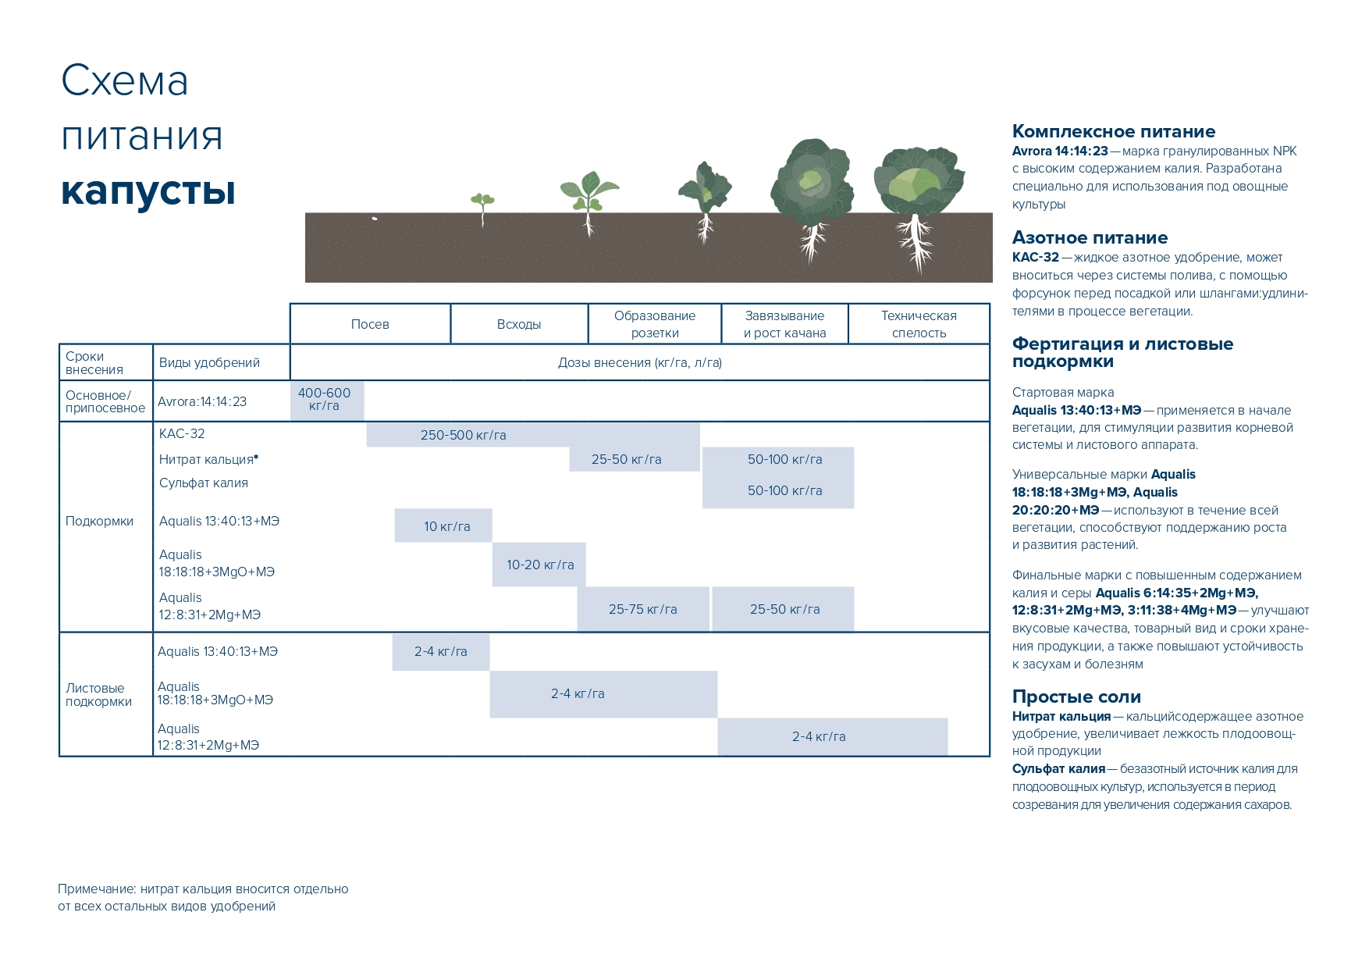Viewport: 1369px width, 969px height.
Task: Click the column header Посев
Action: coord(370,324)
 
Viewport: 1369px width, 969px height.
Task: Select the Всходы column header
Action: coord(519,324)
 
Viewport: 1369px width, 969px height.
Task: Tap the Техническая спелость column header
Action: coord(919,324)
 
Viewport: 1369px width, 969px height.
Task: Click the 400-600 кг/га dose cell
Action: coord(325,400)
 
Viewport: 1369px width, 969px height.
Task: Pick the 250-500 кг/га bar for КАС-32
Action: coord(464,435)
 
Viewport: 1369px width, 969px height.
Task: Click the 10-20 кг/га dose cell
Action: coord(540,565)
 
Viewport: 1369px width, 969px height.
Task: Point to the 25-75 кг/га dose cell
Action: coord(643,609)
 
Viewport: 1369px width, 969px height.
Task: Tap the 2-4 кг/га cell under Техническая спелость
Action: coord(819,736)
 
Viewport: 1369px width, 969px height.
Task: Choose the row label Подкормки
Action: coord(100,521)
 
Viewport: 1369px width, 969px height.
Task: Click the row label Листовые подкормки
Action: coord(98,694)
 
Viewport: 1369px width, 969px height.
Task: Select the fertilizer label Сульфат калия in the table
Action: coord(204,483)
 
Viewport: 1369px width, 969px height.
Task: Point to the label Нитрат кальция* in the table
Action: coord(208,459)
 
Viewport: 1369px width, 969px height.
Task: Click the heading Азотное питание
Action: coord(1090,237)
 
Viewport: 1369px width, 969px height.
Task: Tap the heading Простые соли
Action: coord(1076,696)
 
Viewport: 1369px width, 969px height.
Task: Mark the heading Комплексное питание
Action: coord(1114,131)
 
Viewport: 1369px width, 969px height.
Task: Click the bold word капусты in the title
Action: coord(148,190)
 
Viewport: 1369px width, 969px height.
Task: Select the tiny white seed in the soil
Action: coord(375,218)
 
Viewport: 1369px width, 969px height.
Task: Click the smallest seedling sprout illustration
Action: coord(482,203)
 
